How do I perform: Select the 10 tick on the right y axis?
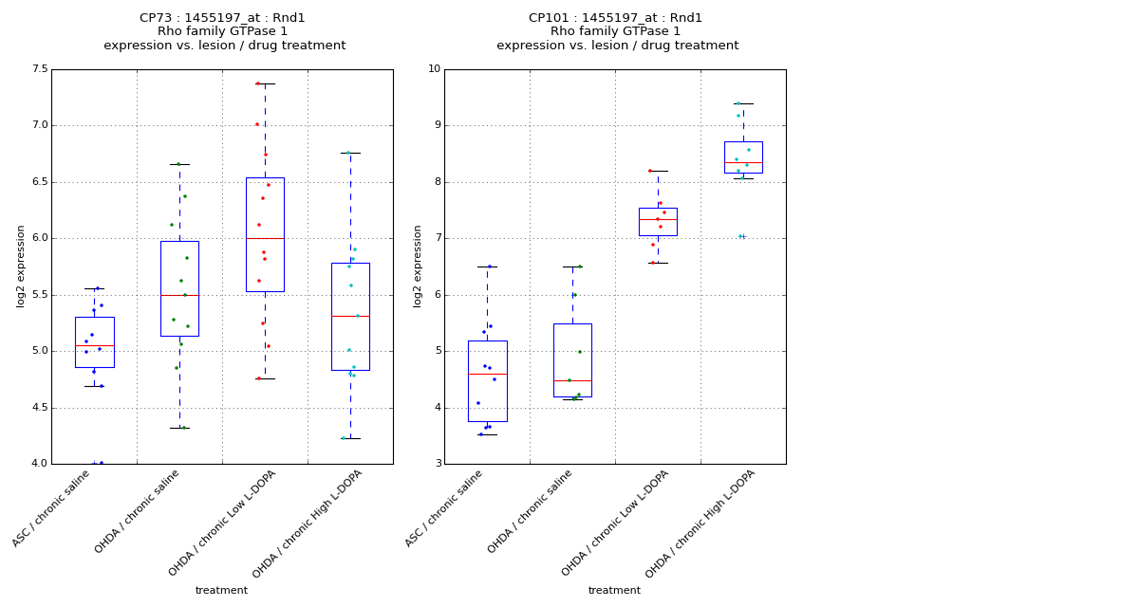[x=434, y=69]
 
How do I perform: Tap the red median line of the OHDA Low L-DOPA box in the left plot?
[x=265, y=238]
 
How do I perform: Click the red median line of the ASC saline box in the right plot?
[x=487, y=374]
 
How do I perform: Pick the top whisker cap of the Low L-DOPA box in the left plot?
[x=265, y=83]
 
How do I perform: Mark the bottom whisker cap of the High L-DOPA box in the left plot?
[x=350, y=438]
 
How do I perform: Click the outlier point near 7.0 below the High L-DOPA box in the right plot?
[x=741, y=236]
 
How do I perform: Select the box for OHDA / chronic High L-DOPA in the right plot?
[x=743, y=156]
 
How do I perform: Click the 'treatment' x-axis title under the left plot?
[x=221, y=591]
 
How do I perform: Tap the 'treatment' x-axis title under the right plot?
[x=614, y=591]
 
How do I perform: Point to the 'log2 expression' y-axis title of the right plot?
[x=418, y=267]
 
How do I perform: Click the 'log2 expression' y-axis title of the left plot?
[x=21, y=267]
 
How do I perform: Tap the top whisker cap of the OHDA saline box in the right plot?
[x=572, y=267]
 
